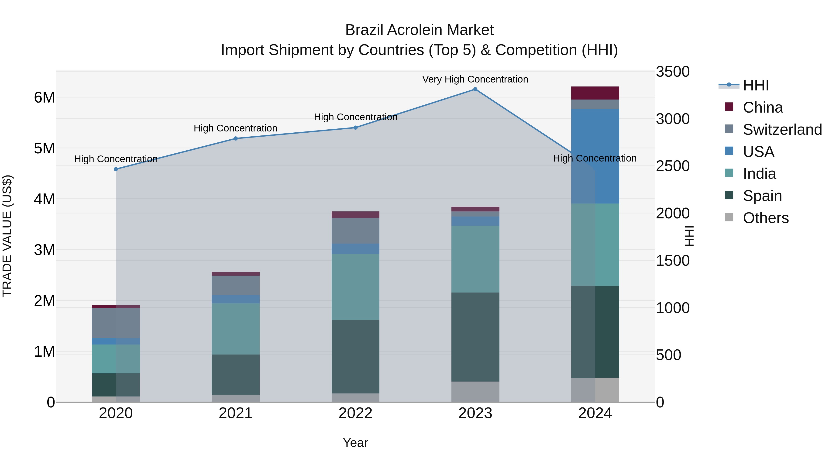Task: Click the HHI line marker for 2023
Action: click(475, 89)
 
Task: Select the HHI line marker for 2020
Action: click(116, 169)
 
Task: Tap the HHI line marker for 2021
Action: click(236, 138)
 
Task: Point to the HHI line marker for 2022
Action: click(355, 128)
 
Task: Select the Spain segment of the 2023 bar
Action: click(475, 337)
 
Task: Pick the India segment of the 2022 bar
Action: click(355, 287)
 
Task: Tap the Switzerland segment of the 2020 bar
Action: click(116, 323)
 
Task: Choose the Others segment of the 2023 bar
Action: click(475, 392)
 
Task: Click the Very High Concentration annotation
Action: click(475, 79)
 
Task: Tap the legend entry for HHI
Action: click(756, 85)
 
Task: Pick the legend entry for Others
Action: click(765, 218)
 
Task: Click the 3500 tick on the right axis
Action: click(673, 72)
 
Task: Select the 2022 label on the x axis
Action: click(355, 413)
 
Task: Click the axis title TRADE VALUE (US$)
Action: click(7, 236)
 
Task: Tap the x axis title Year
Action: click(355, 443)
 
